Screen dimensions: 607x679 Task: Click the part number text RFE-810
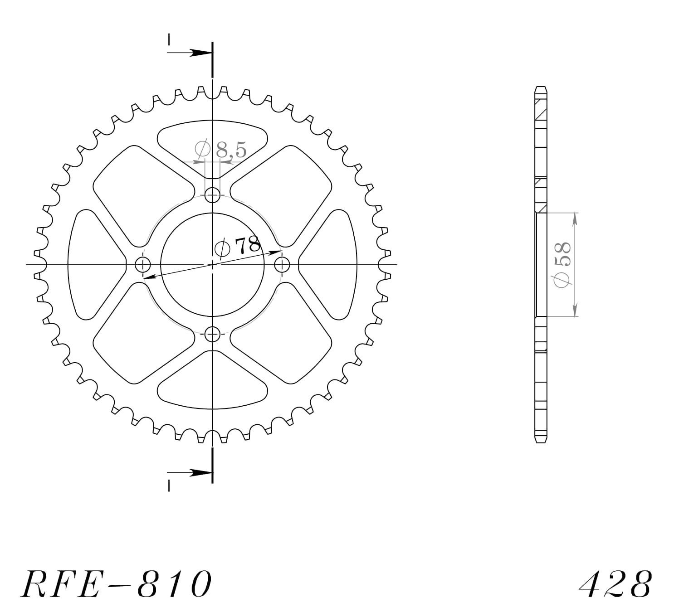(116, 583)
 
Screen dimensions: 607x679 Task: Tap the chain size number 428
(615, 583)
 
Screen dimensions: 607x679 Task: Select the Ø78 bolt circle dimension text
(238, 246)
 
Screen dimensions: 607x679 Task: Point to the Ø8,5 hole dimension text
(221, 149)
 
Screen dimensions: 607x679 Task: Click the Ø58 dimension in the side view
(562, 265)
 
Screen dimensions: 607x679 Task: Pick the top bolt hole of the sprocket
(212, 196)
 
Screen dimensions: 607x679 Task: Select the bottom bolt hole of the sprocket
(212, 334)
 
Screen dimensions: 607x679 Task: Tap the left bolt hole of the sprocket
(143, 264)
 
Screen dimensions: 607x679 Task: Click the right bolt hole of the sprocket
(282, 264)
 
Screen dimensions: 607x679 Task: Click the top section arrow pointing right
(198, 53)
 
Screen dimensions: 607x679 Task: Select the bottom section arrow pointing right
(198, 472)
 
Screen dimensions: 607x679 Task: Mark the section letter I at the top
(169, 39)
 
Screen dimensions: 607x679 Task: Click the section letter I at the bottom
(169, 486)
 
